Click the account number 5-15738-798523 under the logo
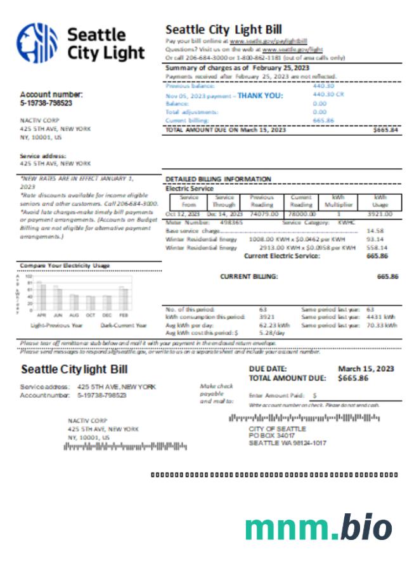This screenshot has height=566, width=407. [x=46, y=103]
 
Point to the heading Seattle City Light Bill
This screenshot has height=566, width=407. [x=223, y=29]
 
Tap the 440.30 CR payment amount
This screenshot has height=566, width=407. [x=328, y=94]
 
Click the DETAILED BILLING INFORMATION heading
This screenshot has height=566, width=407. [x=218, y=179]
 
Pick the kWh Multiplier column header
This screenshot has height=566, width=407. [x=338, y=201]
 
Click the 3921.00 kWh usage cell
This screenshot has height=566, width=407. [x=379, y=214]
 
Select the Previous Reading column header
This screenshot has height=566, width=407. [x=261, y=201]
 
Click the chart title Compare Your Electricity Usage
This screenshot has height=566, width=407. [x=65, y=265]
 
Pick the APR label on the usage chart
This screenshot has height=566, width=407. [x=42, y=315]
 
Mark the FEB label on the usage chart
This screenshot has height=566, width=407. [x=124, y=315]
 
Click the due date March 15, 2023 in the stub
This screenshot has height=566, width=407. [x=366, y=369]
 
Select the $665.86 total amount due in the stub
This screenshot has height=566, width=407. [x=353, y=378]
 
